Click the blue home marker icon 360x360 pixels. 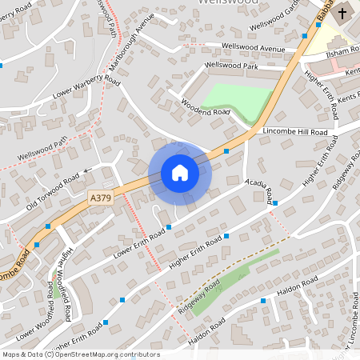coord(180,173)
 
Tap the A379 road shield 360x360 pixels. coord(100,195)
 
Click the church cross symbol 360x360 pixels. coord(342,13)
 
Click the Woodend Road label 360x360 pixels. coord(205,110)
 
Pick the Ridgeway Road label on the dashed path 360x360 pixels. coord(199,297)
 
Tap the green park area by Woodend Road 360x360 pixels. coord(238,101)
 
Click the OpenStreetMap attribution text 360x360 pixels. coord(81,354)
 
